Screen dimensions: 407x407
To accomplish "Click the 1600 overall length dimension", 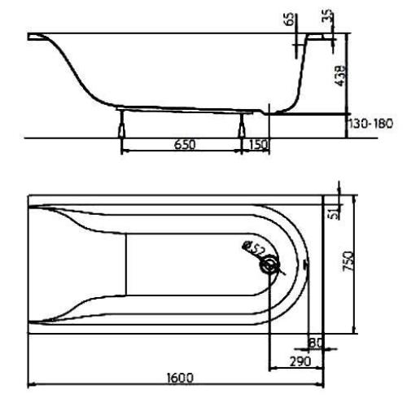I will click(180, 377).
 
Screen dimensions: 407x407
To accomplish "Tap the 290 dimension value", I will click(300, 361).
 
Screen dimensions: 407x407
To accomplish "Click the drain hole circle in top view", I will click(268, 265).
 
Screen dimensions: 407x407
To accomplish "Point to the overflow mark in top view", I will click(304, 264).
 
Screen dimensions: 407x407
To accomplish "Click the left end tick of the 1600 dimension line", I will click(28, 385).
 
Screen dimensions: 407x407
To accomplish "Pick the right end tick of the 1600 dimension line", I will click(323, 385).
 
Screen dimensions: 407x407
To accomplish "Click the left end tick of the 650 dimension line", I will click(122, 151).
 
